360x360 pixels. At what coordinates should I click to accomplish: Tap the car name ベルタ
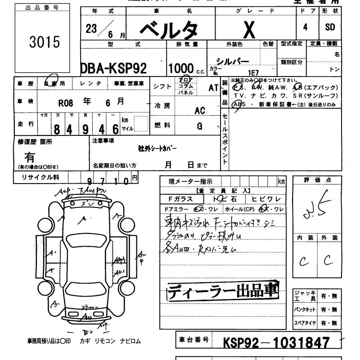[168, 30]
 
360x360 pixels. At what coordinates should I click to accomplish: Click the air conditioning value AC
[199, 111]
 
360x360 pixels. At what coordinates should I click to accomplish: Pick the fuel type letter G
[199, 127]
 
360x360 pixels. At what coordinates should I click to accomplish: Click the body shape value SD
[330, 27]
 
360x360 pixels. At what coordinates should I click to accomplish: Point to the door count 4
[306, 27]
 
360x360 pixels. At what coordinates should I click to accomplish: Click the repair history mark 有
[30, 158]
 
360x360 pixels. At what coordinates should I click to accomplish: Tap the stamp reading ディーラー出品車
[223, 291]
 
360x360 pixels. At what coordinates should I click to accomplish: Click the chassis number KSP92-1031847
[277, 342]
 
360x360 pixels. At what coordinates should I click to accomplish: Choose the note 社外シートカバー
[157, 148]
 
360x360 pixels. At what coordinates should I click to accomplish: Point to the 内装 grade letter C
[303, 260]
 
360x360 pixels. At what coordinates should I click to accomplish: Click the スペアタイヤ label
[304, 323]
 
